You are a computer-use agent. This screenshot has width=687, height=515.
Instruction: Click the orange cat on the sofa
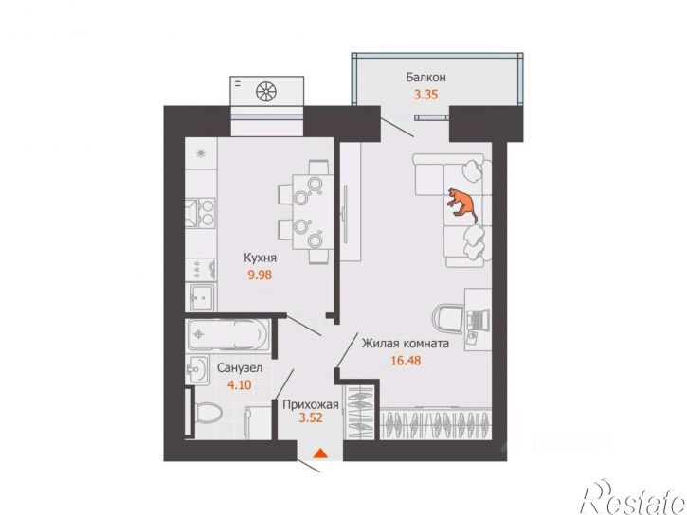click(462, 204)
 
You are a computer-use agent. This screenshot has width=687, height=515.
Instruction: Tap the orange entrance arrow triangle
click(321, 453)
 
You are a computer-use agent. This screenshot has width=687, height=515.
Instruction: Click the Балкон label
click(425, 78)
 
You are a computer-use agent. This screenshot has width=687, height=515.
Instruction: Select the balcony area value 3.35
click(425, 95)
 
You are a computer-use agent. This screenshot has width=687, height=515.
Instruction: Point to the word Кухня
click(261, 257)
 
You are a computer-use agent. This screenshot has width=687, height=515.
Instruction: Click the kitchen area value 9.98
click(261, 275)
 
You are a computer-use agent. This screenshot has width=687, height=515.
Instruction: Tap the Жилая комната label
click(406, 344)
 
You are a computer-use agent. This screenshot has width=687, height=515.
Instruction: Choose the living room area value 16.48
click(406, 361)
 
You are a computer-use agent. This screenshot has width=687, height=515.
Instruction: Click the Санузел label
click(240, 368)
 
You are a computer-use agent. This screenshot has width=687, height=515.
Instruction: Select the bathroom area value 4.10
click(240, 385)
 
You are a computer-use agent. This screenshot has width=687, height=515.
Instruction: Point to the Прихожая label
click(311, 405)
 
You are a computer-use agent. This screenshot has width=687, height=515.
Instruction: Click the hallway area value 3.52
click(311, 417)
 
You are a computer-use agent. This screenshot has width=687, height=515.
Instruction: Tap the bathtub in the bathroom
click(228, 334)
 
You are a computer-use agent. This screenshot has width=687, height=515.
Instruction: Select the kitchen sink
click(200, 297)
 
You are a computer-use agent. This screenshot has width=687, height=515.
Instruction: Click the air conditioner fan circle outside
click(267, 91)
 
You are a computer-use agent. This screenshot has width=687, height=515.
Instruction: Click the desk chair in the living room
click(448, 319)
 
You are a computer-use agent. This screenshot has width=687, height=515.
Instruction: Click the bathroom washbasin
click(198, 370)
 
